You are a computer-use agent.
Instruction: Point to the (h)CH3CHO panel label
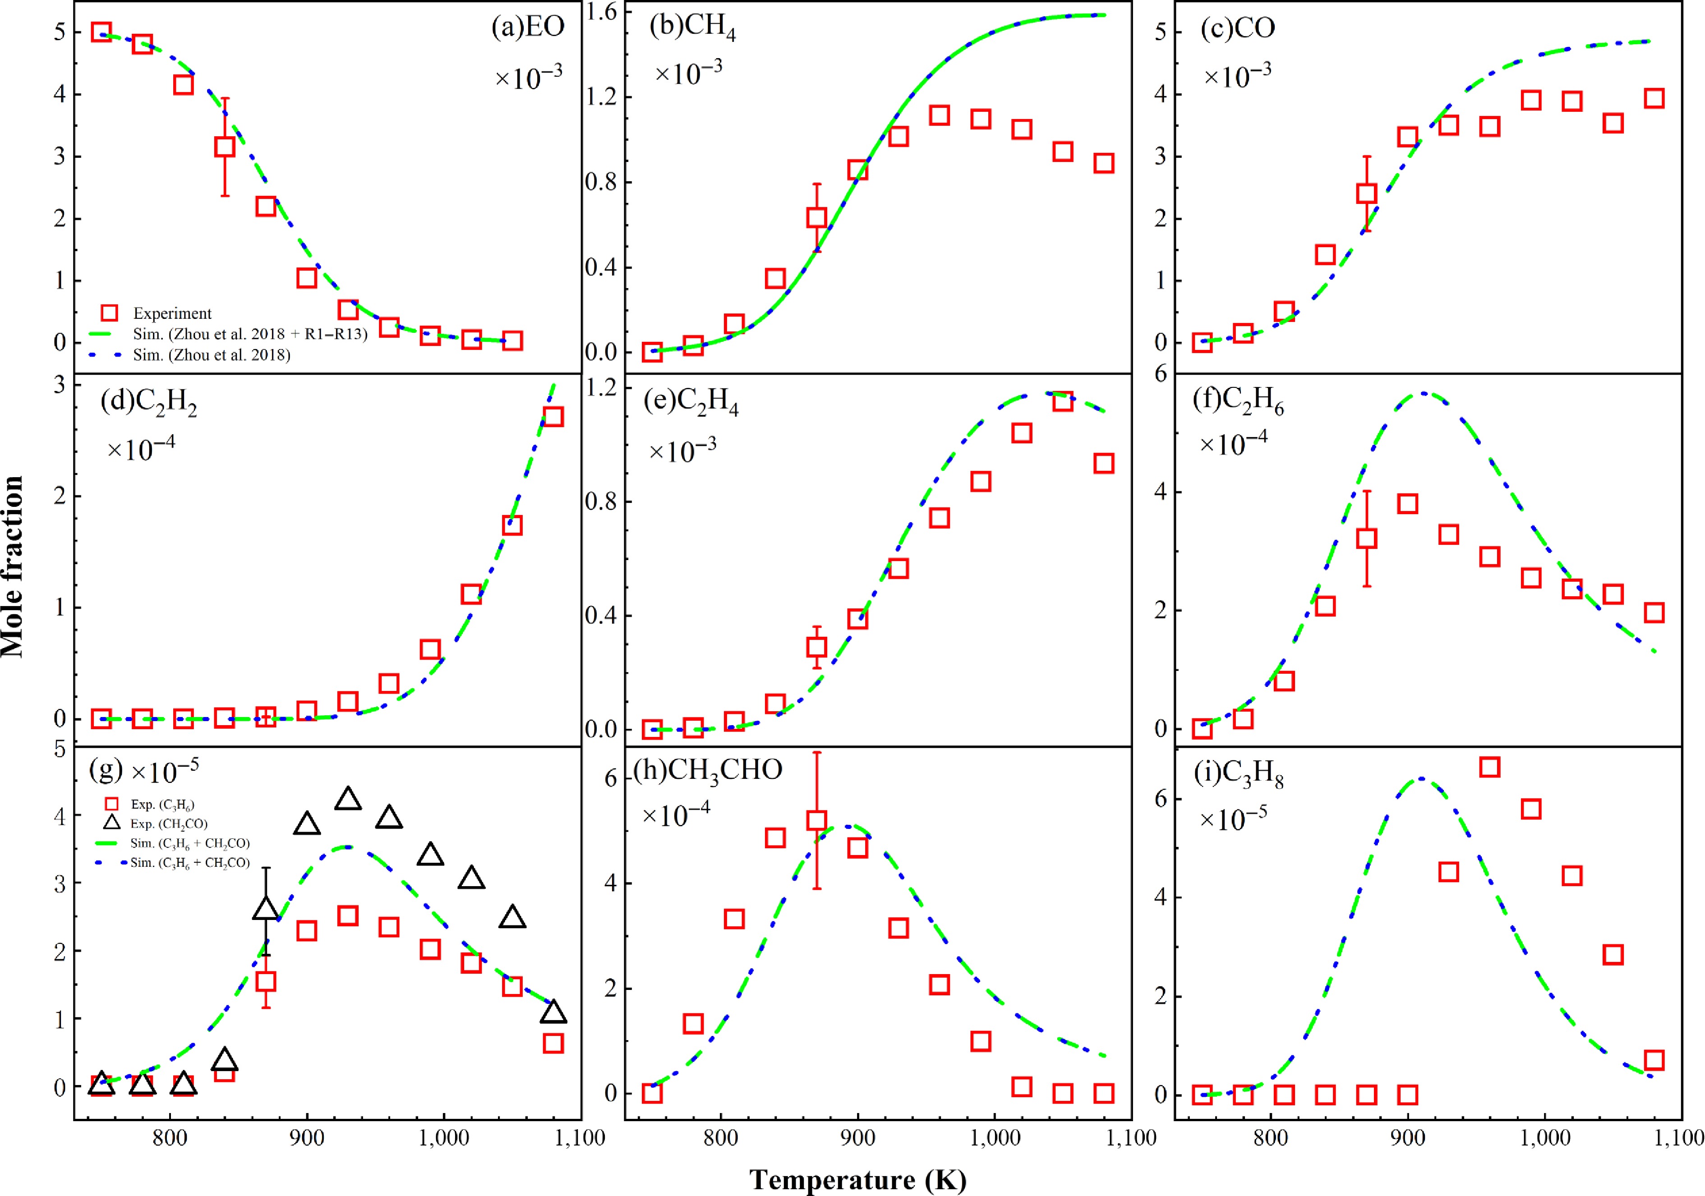click(708, 771)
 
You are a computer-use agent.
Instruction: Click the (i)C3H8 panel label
click(1239, 774)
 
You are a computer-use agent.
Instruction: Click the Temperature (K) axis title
click(858, 1179)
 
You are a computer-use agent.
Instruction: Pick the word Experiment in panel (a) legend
click(172, 314)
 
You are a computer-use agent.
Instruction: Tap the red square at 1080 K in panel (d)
click(553, 417)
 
